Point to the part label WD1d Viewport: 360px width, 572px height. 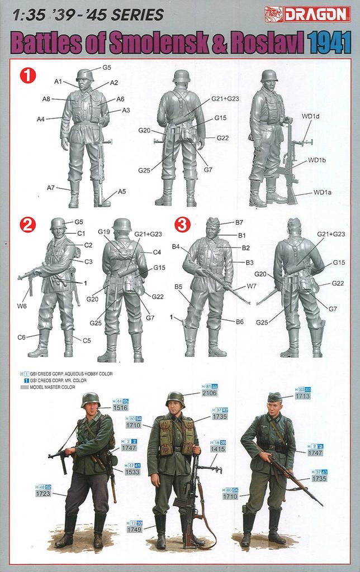[310, 117]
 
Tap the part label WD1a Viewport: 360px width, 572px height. [322, 193]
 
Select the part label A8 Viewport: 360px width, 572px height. [47, 99]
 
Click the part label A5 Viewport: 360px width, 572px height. [121, 192]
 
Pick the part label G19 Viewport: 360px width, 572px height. [103, 232]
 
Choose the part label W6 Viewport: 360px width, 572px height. [22, 306]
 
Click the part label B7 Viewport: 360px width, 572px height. [239, 222]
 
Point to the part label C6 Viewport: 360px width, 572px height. [22, 337]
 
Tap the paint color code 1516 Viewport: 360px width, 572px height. [121, 408]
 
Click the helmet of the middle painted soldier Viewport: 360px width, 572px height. [175, 399]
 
